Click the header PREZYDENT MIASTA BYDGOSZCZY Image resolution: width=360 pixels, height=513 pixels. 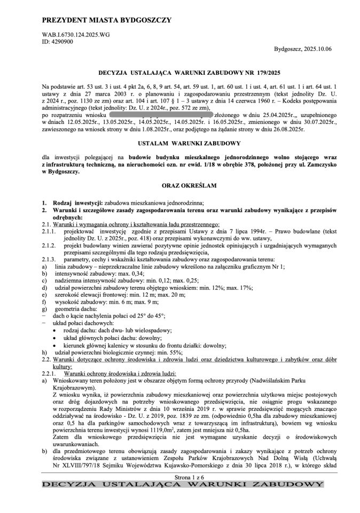click(x=107, y=20)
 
